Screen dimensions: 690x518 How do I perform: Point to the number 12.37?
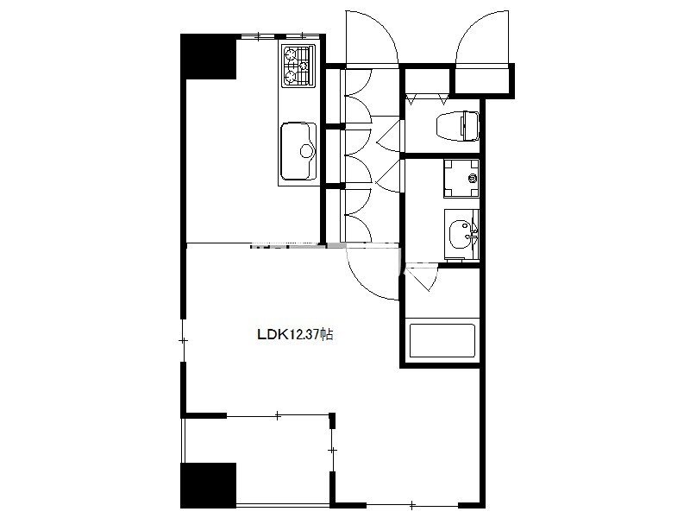304,334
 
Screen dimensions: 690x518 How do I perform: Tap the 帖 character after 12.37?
327,334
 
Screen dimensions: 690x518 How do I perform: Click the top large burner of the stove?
291,55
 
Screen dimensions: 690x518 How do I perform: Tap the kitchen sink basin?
298,151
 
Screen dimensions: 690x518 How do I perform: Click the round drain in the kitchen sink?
306,151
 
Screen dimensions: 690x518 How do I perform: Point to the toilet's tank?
469,126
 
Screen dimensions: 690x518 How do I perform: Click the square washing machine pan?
461,179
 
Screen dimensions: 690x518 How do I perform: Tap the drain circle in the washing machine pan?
473,179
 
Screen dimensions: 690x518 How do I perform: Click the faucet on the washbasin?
473,234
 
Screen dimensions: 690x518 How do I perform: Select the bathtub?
442,341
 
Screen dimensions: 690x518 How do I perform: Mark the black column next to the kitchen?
209,56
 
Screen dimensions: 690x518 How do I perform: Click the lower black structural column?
209,485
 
